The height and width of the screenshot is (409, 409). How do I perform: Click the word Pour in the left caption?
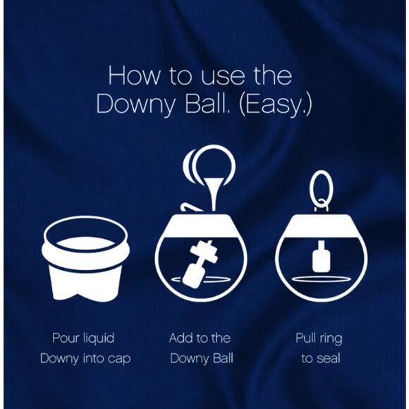[66, 338]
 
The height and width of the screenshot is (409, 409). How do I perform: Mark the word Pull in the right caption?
[307, 338]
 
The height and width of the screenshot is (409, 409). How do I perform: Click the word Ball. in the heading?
[208, 104]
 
